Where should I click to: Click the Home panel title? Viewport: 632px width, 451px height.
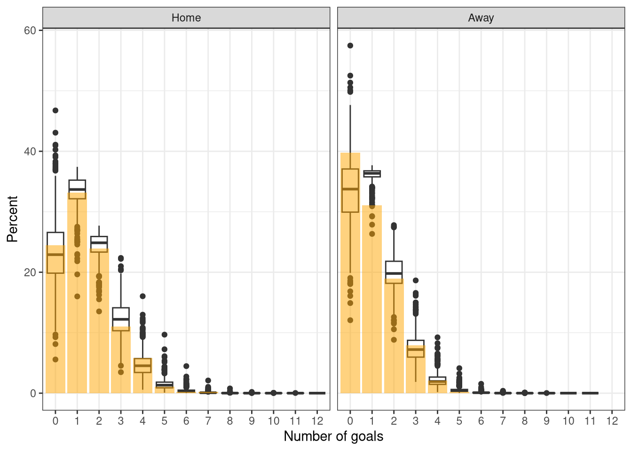tap(186, 18)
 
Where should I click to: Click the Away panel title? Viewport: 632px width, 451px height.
tap(481, 18)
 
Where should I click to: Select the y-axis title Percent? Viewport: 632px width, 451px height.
tap(12, 219)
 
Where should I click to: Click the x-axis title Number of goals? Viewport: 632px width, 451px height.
tap(333, 436)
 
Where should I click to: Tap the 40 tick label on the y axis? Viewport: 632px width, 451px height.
tap(30, 151)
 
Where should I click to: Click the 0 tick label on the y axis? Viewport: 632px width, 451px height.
tap(33, 393)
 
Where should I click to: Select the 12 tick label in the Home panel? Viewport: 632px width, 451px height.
tap(317, 421)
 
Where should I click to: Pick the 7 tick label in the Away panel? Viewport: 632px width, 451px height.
tap(503, 421)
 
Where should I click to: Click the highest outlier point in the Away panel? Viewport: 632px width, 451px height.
tap(350, 46)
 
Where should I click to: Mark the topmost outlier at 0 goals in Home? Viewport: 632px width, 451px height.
tap(55, 110)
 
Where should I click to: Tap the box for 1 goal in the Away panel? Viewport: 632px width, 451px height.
tap(372, 174)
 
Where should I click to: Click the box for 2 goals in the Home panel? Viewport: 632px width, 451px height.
tap(99, 242)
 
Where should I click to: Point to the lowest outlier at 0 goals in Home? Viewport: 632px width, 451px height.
tap(55, 359)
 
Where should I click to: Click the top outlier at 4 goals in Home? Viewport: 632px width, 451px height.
tap(142, 296)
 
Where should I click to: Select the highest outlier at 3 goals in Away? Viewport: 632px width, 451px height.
tap(416, 280)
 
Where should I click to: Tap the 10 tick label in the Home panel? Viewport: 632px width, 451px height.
tap(274, 421)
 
